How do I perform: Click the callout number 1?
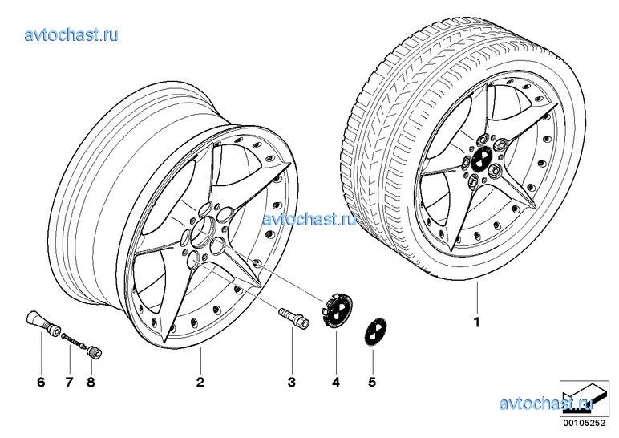477,322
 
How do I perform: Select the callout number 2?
200,382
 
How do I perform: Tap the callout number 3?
292,382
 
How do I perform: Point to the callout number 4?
336,382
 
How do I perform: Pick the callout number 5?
372,382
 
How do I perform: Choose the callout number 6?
41,382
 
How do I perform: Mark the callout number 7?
70,382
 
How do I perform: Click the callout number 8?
91,382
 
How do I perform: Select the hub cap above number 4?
338,310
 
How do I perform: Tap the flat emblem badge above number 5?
375,332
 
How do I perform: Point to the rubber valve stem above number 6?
43,323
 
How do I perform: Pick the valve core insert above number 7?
74,340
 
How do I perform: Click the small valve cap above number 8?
95,351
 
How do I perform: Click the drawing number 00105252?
584,423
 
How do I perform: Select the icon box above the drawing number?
585,399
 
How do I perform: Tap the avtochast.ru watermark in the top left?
71,35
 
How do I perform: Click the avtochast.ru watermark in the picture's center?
309,219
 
